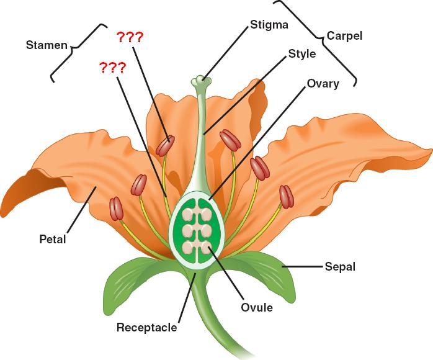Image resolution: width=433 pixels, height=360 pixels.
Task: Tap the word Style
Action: click(x=301, y=54)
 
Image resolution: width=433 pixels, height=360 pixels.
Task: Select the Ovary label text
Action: click(x=323, y=83)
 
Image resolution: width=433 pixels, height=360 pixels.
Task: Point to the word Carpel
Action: click(x=344, y=36)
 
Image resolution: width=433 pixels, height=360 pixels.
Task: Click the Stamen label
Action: click(x=47, y=45)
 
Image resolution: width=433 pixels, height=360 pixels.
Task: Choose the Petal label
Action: click(x=52, y=238)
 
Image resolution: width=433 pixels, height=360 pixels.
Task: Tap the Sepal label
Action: click(x=340, y=268)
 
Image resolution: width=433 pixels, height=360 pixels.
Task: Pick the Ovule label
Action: click(x=257, y=307)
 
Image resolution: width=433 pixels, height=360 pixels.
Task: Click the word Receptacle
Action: click(x=147, y=327)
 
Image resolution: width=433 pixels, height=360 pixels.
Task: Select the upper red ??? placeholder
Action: click(x=130, y=38)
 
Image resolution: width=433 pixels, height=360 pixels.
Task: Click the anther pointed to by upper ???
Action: click(x=164, y=146)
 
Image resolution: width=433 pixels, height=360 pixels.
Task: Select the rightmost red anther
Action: click(x=286, y=196)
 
